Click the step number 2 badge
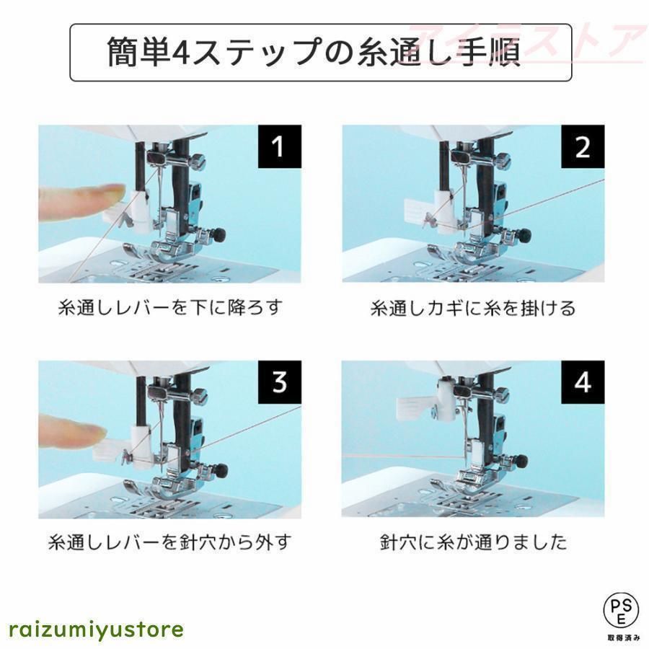tap(582, 148)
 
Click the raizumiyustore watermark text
tap(97, 629)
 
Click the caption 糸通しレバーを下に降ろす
tap(169, 308)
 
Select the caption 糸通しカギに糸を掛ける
tap(473, 308)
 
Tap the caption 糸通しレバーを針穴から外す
tap(169, 542)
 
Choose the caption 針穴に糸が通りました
tap(473, 542)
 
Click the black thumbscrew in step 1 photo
tap(219, 234)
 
